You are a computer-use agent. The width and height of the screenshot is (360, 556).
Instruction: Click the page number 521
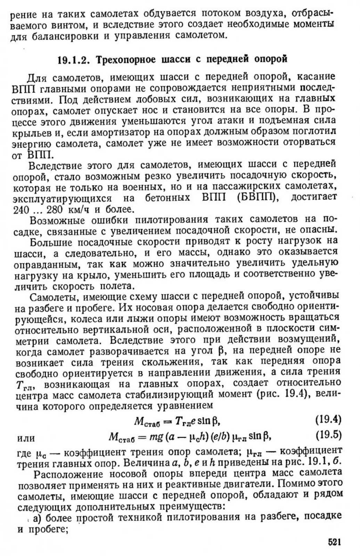(334, 542)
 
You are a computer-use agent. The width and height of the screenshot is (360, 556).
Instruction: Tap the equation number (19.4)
(328, 420)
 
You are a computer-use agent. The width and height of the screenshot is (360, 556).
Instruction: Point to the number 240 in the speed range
(21, 210)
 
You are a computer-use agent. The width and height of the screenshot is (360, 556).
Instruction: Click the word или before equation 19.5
(26, 438)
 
